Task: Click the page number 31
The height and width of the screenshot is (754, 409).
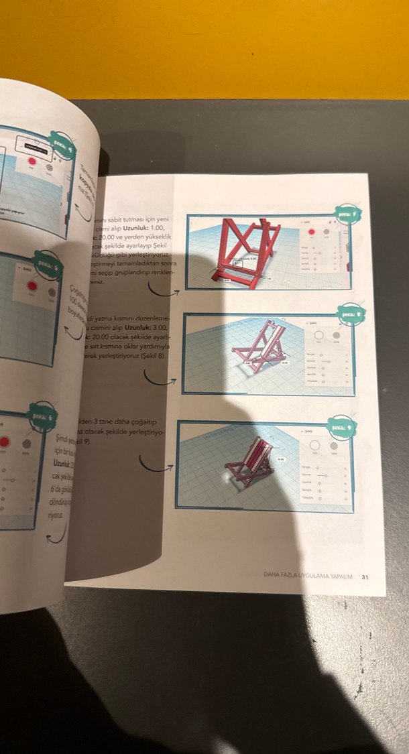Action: click(365, 576)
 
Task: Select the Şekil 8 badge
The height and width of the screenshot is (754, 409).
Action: click(350, 313)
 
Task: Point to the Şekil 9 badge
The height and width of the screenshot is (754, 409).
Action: click(341, 424)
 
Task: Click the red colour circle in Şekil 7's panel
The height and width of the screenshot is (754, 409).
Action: click(311, 231)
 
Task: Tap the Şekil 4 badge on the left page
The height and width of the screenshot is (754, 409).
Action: click(62, 142)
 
